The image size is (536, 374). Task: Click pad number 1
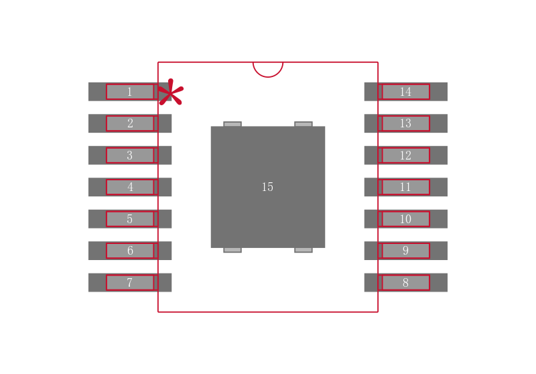click(x=130, y=92)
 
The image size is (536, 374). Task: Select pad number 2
click(x=130, y=123)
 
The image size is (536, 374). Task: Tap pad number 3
click(x=130, y=155)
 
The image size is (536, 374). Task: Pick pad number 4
click(x=130, y=187)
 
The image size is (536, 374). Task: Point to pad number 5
click(x=130, y=219)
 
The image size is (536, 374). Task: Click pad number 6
click(x=130, y=251)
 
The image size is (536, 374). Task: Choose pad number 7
click(x=130, y=282)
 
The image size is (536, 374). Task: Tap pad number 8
click(x=406, y=282)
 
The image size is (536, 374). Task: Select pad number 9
click(x=406, y=251)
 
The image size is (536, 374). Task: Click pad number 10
click(x=406, y=219)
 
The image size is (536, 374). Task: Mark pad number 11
click(x=406, y=187)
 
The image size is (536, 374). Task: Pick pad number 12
click(x=406, y=155)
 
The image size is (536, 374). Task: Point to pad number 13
click(x=406, y=123)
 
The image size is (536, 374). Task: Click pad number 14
click(x=406, y=92)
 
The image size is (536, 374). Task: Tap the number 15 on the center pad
click(x=267, y=187)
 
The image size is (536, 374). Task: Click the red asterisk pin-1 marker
click(x=171, y=92)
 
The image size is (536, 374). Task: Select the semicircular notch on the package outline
click(x=268, y=77)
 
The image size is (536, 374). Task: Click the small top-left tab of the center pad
click(x=232, y=124)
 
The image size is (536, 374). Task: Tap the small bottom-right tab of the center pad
click(x=304, y=250)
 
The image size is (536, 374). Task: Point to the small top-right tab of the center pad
click(x=304, y=124)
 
